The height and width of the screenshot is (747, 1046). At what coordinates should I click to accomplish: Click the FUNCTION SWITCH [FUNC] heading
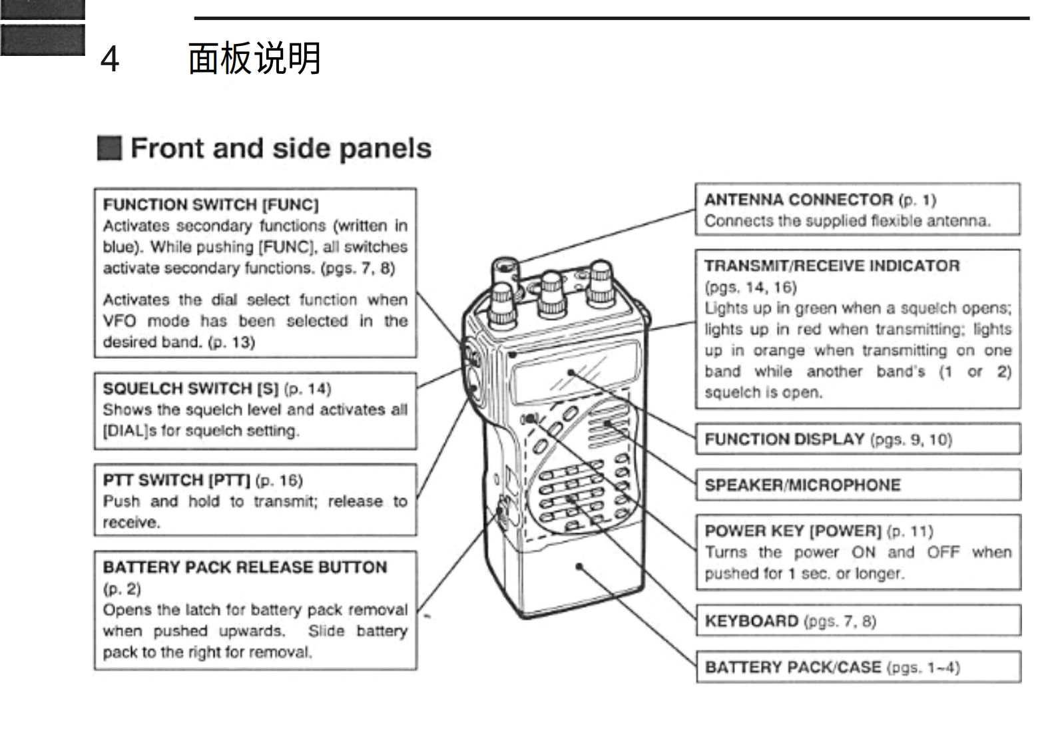(x=210, y=204)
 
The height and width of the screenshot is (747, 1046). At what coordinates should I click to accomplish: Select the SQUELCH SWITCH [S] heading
(x=190, y=388)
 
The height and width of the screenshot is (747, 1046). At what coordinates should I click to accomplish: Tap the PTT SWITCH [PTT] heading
(x=176, y=480)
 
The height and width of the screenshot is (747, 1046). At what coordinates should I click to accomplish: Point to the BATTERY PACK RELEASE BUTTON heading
(x=245, y=567)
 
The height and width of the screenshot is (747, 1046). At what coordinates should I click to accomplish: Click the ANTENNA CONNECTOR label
(x=798, y=200)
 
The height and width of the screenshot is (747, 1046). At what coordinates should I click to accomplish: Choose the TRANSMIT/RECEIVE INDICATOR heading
(x=832, y=266)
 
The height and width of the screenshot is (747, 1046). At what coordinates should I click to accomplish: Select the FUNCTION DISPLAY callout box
(x=858, y=439)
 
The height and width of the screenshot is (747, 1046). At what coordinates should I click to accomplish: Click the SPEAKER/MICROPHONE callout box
(x=858, y=485)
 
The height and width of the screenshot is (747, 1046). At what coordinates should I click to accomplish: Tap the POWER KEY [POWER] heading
(x=792, y=531)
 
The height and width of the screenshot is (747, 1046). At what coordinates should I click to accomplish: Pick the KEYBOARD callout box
(x=858, y=621)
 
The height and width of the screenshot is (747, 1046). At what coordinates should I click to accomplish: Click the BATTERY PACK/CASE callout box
(x=858, y=667)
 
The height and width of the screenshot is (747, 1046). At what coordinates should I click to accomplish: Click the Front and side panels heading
(x=280, y=148)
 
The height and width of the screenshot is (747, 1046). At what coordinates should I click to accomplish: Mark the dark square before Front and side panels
(x=109, y=148)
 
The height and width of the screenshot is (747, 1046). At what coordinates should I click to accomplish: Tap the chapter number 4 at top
(x=110, y=59)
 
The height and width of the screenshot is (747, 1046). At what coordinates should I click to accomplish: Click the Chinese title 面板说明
(x=254, y=59)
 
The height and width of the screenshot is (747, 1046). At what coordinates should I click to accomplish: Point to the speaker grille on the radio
(x=607, y=423)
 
